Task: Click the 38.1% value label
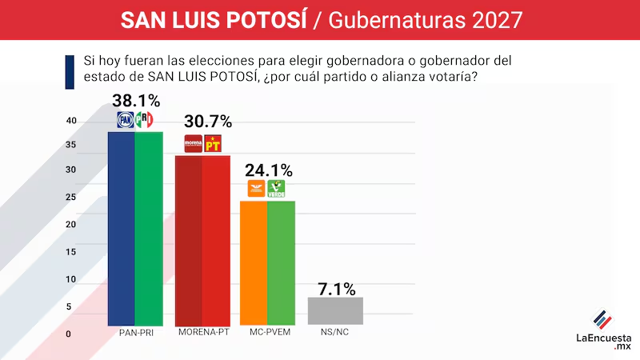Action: pos(135,101)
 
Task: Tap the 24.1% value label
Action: pos(268,170)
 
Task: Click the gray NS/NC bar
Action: pos(335,310)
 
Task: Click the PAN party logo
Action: pos(125,120)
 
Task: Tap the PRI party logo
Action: pos(145,120)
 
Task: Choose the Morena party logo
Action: pos(193,144)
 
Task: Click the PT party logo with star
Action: pos(213,144)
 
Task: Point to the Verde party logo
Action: pos(276,190)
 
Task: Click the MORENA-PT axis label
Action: pos(202,333)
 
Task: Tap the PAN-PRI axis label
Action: pos(135,333)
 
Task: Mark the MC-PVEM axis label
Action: pos(269,333)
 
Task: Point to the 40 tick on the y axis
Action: pos(70,121)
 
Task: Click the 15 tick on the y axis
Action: pos(70,253)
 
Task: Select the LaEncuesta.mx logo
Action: pos(604,328)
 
